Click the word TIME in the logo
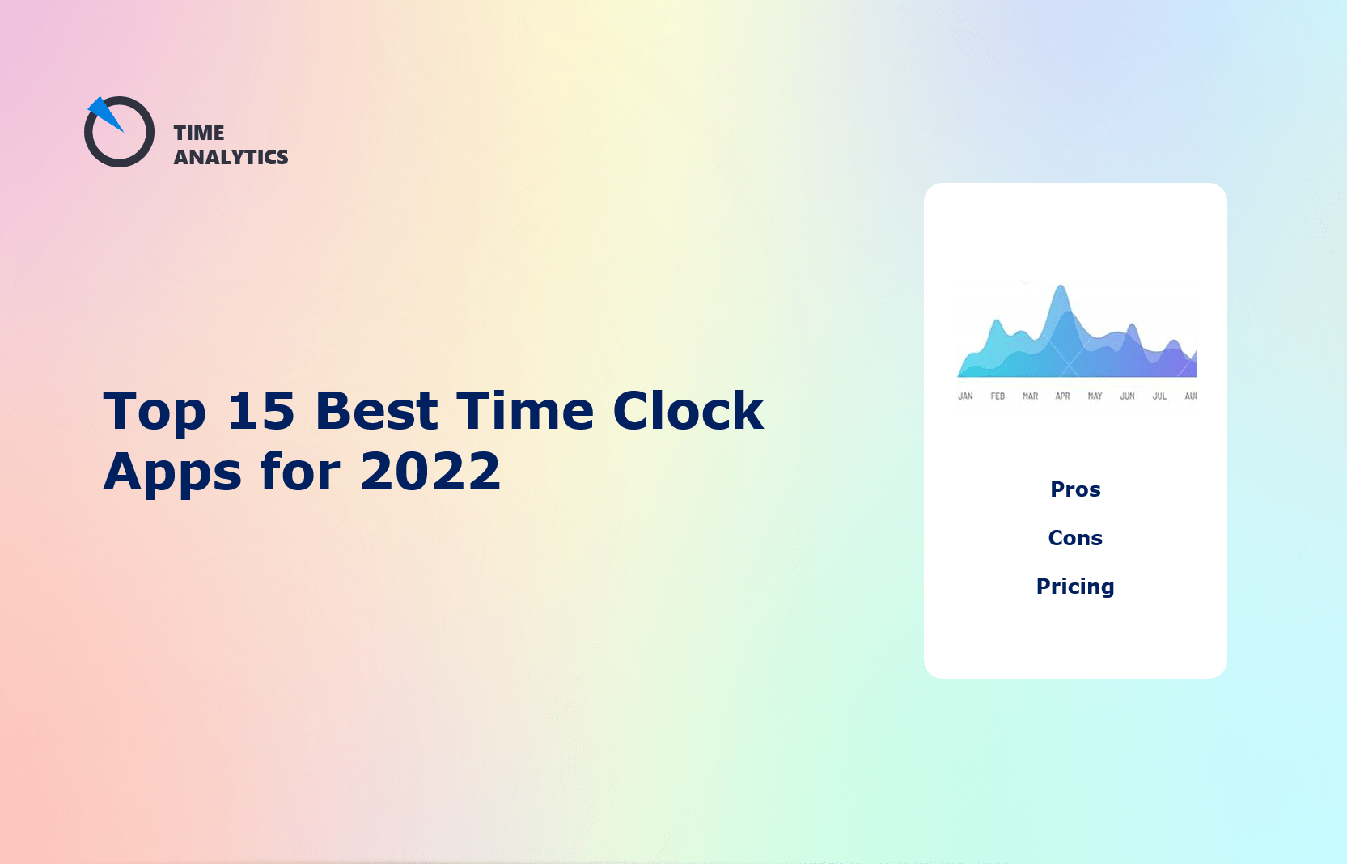(199, 133)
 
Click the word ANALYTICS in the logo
(231, 157)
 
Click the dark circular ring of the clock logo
(120, 163)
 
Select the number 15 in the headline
(261, 411)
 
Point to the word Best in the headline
(376, 411)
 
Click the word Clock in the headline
(688, 411)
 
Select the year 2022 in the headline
(430, 472)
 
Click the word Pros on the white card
(1075, 489)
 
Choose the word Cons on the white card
(1075, 538)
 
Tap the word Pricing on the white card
(1075, 587)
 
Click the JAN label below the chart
(965, 396)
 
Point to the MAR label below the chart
(1030, 396)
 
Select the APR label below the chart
(1062, 396)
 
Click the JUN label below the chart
(1127, 396)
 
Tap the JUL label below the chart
(1159, 396)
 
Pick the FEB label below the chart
(998, 396)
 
